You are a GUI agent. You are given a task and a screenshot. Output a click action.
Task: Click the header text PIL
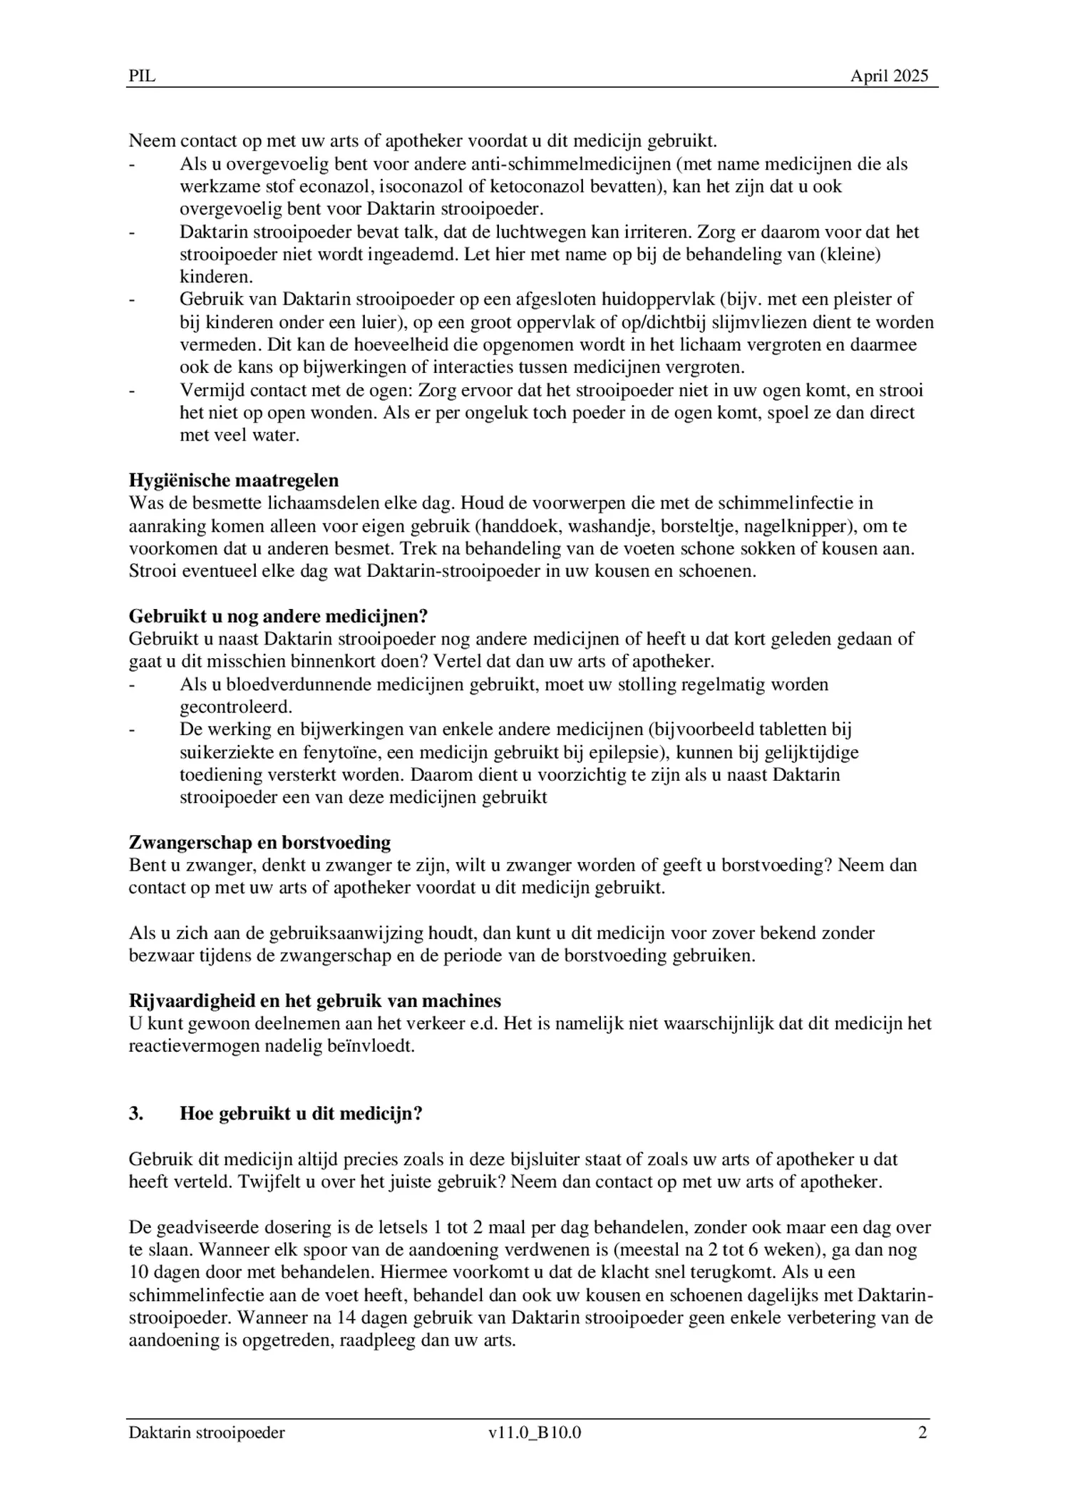tap(142, 76)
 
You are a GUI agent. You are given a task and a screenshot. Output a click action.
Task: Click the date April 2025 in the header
tap(889, 76)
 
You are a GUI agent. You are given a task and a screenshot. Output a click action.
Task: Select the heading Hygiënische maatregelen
tap(234, 480)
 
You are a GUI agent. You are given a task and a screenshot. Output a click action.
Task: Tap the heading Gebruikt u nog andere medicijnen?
tap(278, 616)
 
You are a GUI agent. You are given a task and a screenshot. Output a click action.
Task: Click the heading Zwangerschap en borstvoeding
tap(259, 842)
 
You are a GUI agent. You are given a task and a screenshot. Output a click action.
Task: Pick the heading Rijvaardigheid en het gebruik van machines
tap(314, 1000)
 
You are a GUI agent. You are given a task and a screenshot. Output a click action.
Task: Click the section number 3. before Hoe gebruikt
tap(136, 1114)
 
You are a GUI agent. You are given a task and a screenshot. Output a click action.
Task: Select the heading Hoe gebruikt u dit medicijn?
tap(301, 1114)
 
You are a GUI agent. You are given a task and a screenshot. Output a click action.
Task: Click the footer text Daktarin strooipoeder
tap(207, 1433)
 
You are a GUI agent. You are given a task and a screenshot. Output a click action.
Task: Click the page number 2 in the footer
tap(922, 1433)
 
